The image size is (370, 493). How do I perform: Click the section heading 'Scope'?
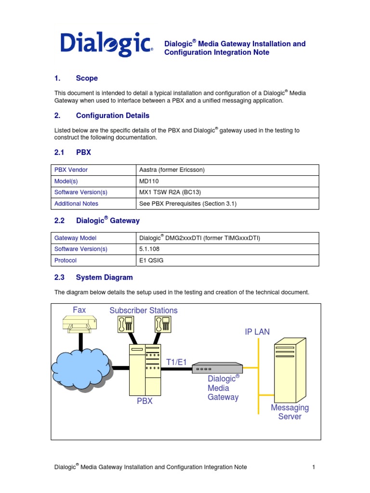pyautogui.click(x=87, y=78)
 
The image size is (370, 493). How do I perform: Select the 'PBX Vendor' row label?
pyautogui.click(x=71, y=170)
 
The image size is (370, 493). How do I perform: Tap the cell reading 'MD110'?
pyautogui.click(x=148, y=181)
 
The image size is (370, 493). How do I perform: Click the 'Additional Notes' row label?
pyautogui.click(x=76, y=204)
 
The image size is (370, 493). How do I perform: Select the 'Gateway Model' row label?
pyautogui.click(x=75, y=238)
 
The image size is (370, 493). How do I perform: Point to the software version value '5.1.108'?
pyautogui.click(x=149, y=249)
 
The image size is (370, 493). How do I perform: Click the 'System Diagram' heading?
pyautogui.click(x=104, y=277)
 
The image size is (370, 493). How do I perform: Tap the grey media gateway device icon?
pyautogui.click(x=217, y=368)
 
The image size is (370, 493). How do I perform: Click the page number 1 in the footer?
pyautogui.click(x=314, y=467)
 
